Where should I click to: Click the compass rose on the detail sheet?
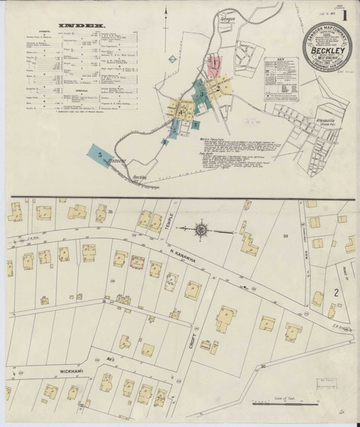[x=201, y=230]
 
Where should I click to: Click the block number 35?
[x=111, y=211]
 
